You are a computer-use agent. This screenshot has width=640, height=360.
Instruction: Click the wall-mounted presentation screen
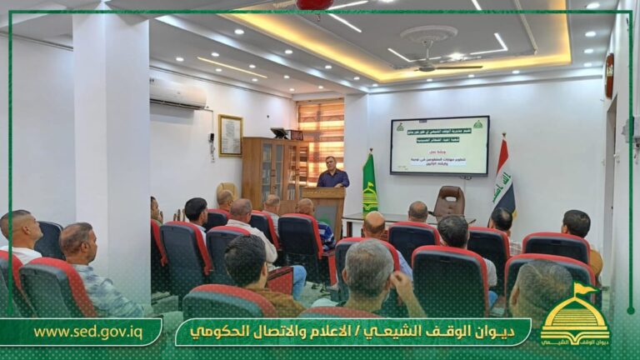pos(439,145)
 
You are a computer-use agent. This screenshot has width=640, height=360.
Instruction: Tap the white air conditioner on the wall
pos(177,92)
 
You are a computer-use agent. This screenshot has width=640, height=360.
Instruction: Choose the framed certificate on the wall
pos(230,136)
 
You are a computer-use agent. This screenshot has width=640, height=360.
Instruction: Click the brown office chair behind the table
pos(449,202)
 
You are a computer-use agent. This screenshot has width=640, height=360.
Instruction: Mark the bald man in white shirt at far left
pos(21,235)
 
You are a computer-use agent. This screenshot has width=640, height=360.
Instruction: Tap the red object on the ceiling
pos(314,4)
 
